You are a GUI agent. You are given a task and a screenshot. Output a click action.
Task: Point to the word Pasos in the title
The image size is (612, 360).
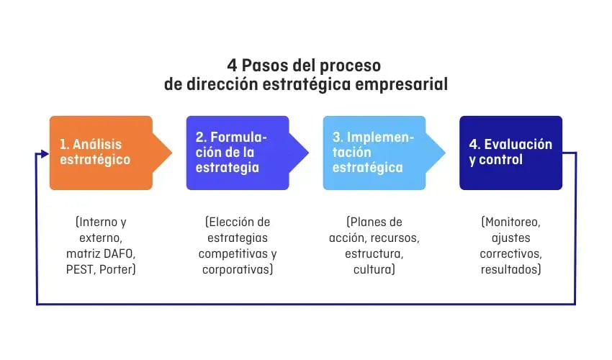(x=266, y=66)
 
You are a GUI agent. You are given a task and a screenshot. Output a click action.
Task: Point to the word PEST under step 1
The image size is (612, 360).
(x=81, y=269)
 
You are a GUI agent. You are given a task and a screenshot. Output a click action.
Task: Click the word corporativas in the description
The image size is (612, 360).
(x=235, y=269)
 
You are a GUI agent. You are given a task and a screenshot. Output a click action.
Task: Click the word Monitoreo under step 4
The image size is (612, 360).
(x=512, y=222)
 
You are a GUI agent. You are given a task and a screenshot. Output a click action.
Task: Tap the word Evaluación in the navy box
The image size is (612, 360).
(x=518, y=144)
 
